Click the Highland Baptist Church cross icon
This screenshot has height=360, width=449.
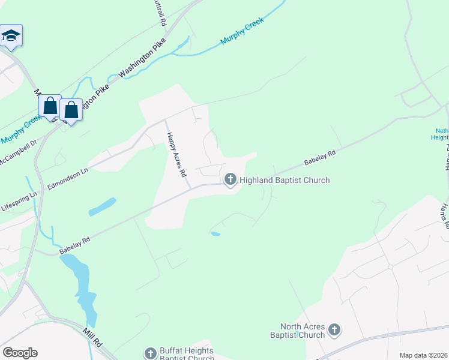[231, 179]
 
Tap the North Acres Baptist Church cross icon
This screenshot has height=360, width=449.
[334, 329]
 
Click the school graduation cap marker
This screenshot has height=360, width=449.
[11, 35]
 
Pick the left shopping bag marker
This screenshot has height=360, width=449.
[50, 107]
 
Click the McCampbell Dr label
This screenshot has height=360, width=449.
[18, 154]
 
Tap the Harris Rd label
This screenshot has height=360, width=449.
[444, 216]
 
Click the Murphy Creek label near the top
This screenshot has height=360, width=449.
[242, 33]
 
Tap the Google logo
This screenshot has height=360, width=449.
[20, 353]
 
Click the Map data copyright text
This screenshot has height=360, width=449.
[423, 355]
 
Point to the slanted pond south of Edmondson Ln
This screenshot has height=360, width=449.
[102, 207]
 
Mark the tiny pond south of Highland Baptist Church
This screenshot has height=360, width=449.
[215, 233]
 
